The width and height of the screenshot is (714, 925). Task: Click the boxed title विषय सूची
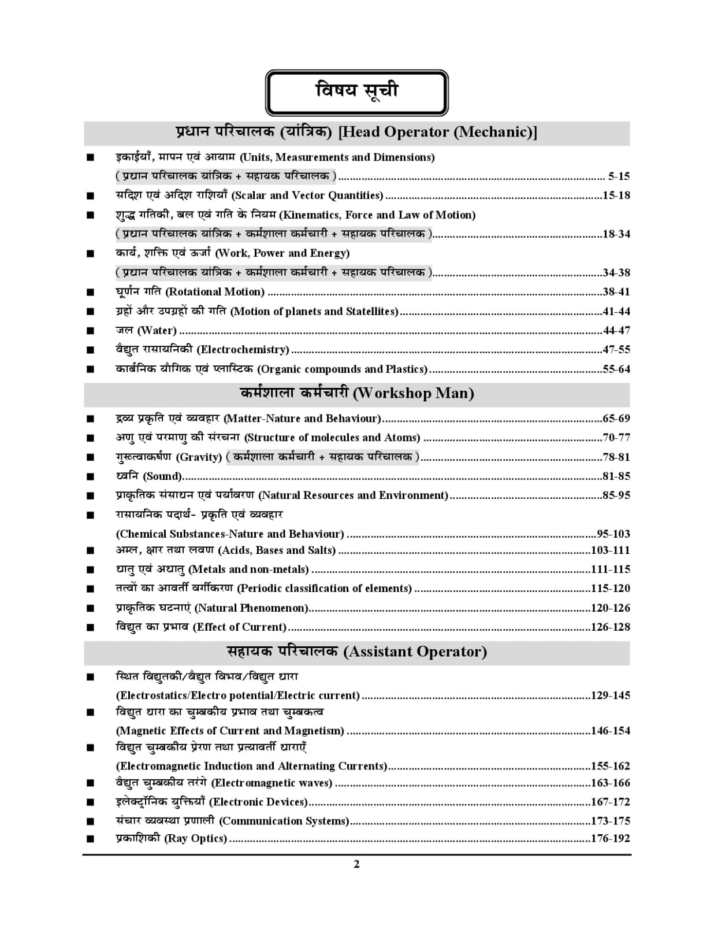click(356, 92)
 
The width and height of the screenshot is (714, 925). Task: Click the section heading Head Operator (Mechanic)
click(356, 132)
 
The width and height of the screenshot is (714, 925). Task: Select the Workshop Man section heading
click(356, 394)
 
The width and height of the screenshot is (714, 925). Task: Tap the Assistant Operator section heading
click(356, 652)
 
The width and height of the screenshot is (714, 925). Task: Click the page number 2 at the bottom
click(356, 864)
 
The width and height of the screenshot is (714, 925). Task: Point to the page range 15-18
click(616, 195)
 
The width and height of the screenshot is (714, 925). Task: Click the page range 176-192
click(610, 838)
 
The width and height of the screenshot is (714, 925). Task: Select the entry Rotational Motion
click(215, 292)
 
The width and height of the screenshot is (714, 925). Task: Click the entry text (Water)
click(157, 331)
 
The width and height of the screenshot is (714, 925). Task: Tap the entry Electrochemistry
click(243, 350)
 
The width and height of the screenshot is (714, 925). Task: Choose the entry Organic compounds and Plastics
click(342, 369)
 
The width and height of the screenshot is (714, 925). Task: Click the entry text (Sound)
click(162, 476)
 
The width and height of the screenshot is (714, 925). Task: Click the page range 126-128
click(610, 627)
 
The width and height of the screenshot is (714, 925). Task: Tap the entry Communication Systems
click(284, 821)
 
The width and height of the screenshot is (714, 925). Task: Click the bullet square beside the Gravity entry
click(90, 458)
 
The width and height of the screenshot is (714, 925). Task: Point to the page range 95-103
click(613, 534)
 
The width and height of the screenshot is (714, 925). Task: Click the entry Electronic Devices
click(258, 802)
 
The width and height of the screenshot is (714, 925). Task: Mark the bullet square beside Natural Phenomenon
click(90, 608)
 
